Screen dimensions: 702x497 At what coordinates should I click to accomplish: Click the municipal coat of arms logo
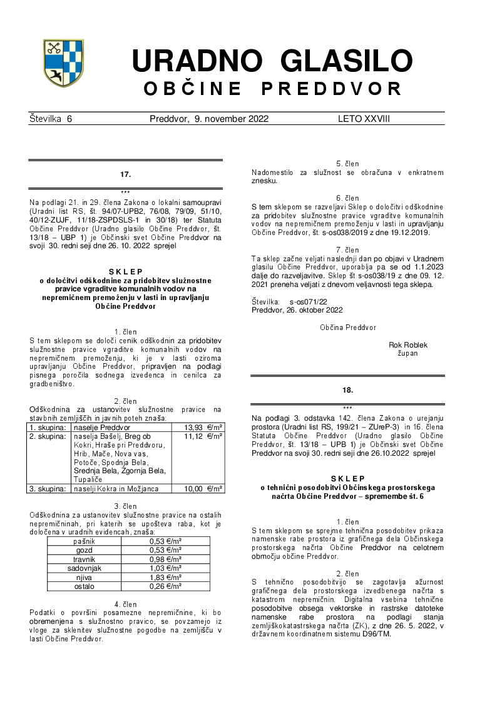(x=63, y=63)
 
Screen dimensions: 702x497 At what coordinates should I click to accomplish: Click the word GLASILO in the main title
(x=346, y=61)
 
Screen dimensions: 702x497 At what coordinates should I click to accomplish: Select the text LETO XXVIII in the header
(x=364, y=119)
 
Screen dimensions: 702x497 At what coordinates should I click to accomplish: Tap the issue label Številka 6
(x=51, y=119)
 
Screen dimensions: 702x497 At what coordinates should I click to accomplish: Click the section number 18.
(x=347, y=390)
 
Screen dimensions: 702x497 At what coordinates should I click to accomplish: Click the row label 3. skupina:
(x=49, y=488)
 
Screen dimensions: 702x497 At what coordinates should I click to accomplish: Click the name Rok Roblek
(x=408, y=345)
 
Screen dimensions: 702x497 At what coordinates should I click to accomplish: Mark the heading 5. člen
(x=347, y=164)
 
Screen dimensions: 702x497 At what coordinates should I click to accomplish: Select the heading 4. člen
(x=125, y=604)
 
